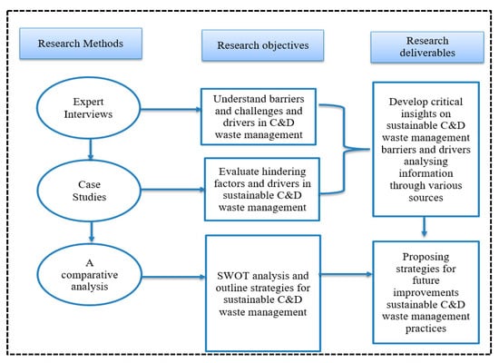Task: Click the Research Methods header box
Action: (81, 44)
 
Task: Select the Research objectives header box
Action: (263, 45)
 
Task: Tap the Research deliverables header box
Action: (427, 47)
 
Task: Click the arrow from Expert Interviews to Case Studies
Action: (91, 149)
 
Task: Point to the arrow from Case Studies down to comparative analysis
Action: (92, 231)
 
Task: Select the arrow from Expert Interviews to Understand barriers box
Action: (171, 110)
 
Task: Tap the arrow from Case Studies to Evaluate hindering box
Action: (173, 190)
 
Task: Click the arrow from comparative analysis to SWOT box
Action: (174, 277)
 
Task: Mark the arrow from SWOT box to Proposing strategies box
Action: (347, 274)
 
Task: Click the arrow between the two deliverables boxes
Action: (424, 227)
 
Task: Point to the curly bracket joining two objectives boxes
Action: (345, 149)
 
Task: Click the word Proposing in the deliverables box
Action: (426, 257)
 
